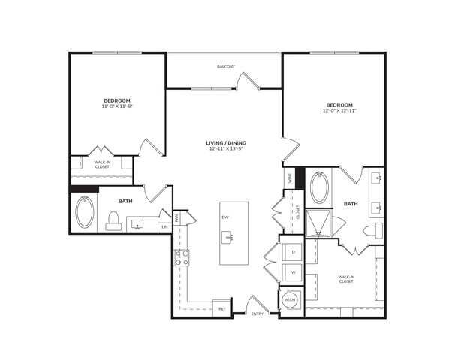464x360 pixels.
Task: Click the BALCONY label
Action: [226, 67]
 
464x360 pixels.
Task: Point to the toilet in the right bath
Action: [370, 231]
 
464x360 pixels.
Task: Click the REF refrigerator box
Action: [221, 307]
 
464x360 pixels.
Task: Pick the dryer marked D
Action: [292, 251]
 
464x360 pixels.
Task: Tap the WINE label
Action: [288, 178]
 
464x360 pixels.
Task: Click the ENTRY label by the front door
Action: [258, 313]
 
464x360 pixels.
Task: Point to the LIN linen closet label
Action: [164, 226]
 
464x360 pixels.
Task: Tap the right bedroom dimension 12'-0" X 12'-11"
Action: [339, 110]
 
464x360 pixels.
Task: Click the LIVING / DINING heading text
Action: [227, 143]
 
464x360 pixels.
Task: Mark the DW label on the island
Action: [224, 217]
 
